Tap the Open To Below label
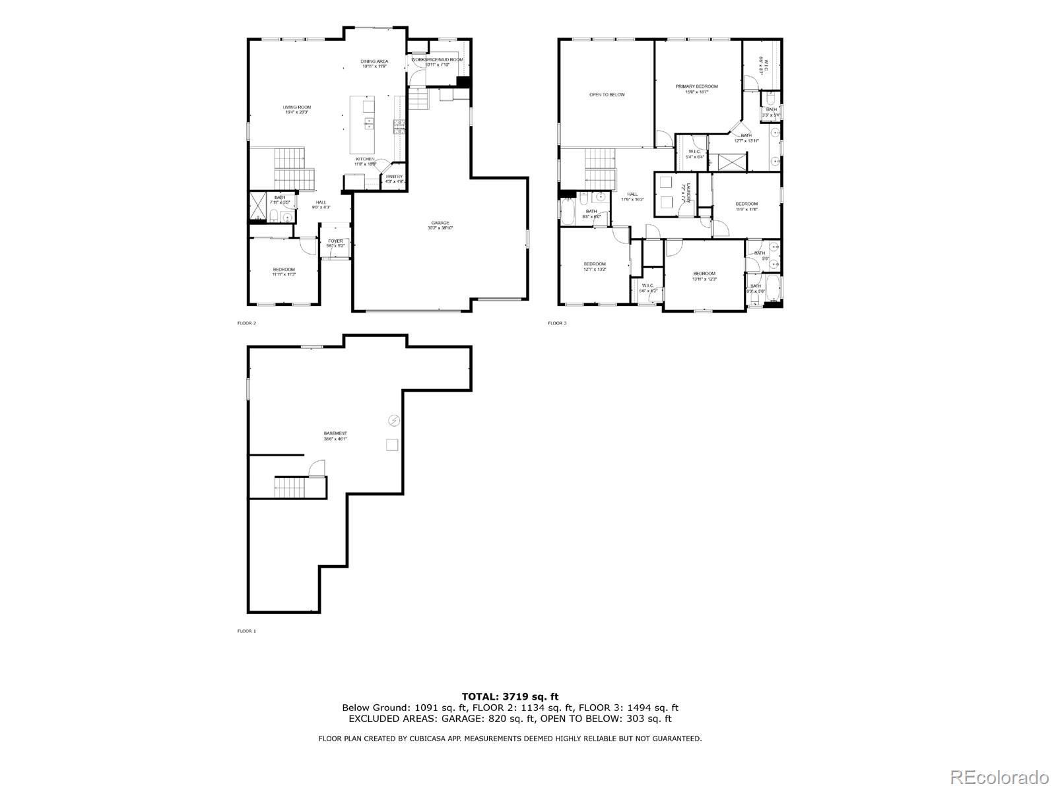[607, 95]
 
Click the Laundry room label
[688, 193]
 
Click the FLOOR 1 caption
[246, 631]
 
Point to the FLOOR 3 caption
[557, 323]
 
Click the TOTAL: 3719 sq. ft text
[510, 696]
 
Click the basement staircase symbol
[291, 488]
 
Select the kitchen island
[362, 125]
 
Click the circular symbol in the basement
[395, 420]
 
